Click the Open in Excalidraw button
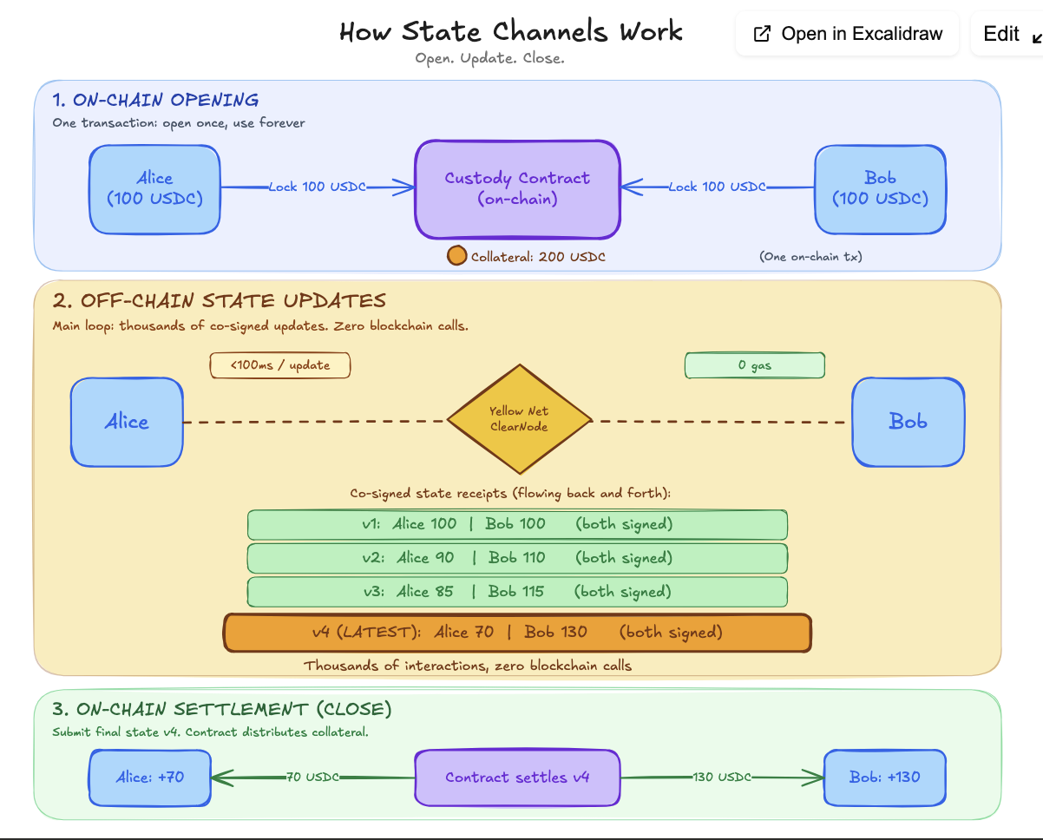(x=847, y=34)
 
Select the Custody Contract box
(x=517, y=189)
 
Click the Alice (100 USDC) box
(x=155, y=189)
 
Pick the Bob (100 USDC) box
(x=880, y=189)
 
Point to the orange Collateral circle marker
(x=456, y=257)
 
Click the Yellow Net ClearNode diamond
(x=519, y=418)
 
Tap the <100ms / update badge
(x=280, y=365)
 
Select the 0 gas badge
(x=754, y=365)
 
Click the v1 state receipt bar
(x=517, y=524)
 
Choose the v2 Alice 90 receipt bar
(x=517, y=558)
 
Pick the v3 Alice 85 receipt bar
(x=517, y=592)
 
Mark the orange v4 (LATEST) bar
(x=517, y=632)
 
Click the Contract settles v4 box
(x=517, y=778)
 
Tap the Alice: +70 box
(x=150, y=778)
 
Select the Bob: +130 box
(x=884, y=778)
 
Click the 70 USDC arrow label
(x=312, y=778)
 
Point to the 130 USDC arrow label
(x=721, y=778)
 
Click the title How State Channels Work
(x=511, y=33)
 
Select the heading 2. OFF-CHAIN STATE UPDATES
(x=219, y=301)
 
